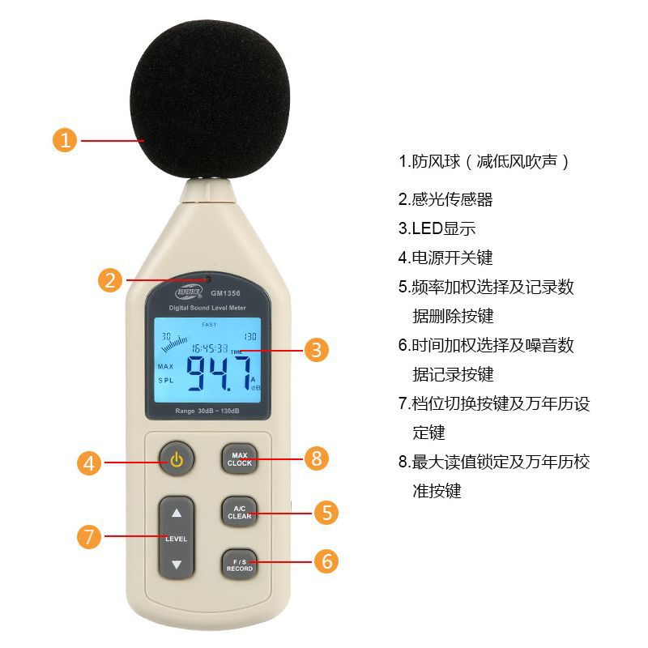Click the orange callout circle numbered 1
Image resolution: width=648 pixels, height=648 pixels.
(66, 140)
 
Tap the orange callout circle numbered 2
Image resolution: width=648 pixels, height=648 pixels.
(110, 280)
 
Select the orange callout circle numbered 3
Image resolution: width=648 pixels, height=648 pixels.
(317, 350)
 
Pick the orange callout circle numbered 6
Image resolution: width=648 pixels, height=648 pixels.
(326, 561)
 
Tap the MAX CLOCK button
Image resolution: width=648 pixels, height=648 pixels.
(240, 459)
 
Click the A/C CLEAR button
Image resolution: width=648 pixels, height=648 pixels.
(240, 512)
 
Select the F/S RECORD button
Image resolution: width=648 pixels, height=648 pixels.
(240, 565)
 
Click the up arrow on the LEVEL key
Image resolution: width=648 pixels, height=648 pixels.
(177, 513)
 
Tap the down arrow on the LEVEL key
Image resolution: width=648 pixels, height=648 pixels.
(177, 564)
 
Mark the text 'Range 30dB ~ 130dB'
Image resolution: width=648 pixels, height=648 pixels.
(207, 411)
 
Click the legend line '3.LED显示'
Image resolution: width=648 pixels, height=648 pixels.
(437, 228)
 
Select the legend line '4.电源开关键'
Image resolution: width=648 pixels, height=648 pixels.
(446, 258)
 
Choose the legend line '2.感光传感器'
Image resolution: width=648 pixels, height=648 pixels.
(446, 199)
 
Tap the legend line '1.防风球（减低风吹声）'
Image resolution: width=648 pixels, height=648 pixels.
(484, 161)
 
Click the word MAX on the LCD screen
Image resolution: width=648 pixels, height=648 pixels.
(166, 366)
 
